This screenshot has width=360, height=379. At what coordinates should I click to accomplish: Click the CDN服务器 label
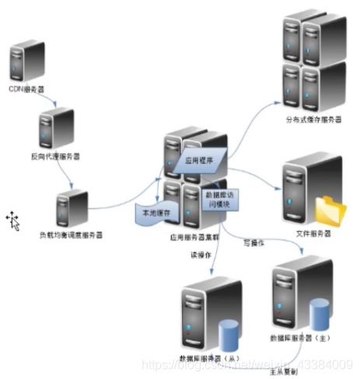[x=29, y=89]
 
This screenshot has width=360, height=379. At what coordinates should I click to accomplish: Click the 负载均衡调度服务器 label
[x=71, y=234]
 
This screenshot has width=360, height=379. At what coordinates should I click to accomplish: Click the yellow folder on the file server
[x=332, y=211]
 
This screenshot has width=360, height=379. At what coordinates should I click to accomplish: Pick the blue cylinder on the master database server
[x=320, y=311]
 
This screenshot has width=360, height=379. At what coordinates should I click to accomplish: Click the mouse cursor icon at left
[x=13, y=220]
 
